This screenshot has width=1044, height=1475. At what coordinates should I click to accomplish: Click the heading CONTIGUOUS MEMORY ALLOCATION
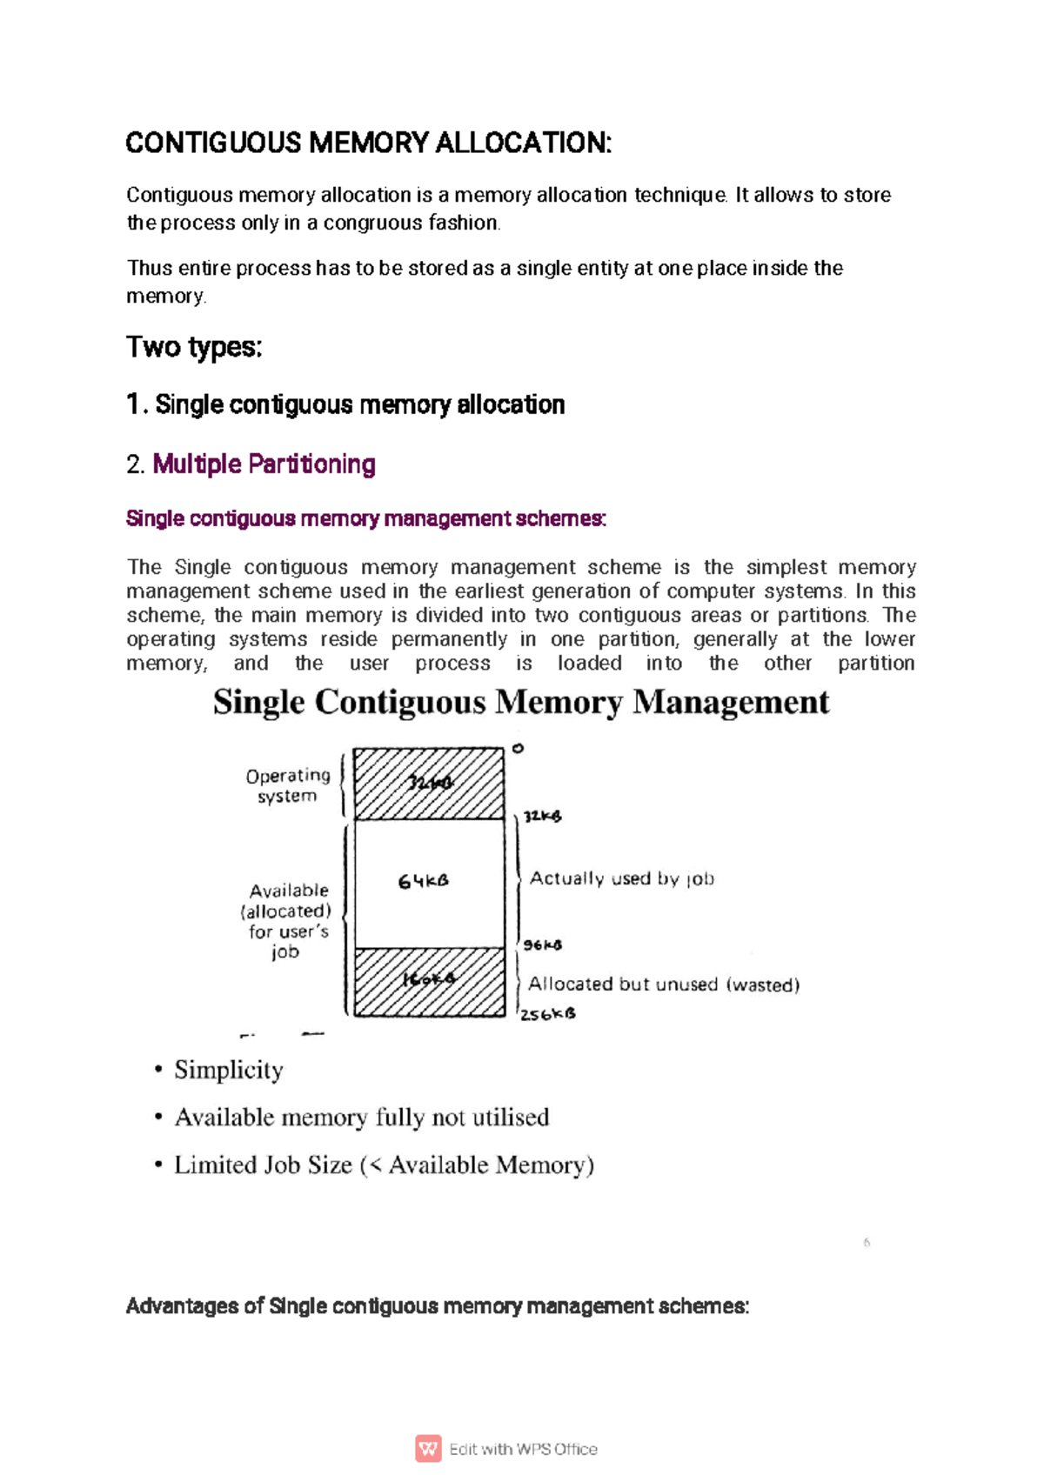click(x=369, y=143)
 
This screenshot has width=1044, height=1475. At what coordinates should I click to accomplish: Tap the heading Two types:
click(x=194, y=347)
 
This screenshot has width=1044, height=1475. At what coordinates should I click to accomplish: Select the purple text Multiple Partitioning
click(x=264, y=464)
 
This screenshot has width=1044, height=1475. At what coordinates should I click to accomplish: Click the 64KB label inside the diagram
click(x=424, y=881)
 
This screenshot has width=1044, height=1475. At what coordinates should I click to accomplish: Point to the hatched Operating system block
click(x=429, y=784)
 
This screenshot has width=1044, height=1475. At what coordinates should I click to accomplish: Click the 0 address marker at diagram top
click(x=518, y=748)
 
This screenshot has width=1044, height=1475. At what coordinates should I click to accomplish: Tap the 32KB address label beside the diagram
click(x=543, y=816)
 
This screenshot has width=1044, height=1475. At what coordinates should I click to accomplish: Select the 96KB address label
click(x=543, y=944)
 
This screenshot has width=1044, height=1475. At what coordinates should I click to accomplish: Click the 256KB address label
click(x=548, y=1014)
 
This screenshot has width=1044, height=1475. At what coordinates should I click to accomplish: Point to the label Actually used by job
click(x=622, y=878)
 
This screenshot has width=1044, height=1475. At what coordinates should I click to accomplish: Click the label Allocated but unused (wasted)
click(x=664, y=984)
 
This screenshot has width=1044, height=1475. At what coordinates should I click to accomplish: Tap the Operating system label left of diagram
click(x=288, y=785)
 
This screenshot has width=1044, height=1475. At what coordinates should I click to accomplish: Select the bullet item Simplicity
click(x=229, y=1070)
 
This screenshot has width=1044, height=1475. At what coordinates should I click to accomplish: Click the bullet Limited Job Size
click(x=384, y=1165)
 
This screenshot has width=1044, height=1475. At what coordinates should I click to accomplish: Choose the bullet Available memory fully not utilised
click(x=362, y=1117)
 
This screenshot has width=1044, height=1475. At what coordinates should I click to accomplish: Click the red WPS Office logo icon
click(x=428, y=1449)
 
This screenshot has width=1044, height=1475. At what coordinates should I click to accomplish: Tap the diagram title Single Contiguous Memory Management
click(x=521, y=703)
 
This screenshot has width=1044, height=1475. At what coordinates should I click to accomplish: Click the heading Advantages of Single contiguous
click(x=438, y=1306)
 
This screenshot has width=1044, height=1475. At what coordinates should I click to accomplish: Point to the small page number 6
click(x=867, y=1243)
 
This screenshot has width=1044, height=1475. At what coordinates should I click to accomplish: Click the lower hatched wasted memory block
click(x=429, y=982)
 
